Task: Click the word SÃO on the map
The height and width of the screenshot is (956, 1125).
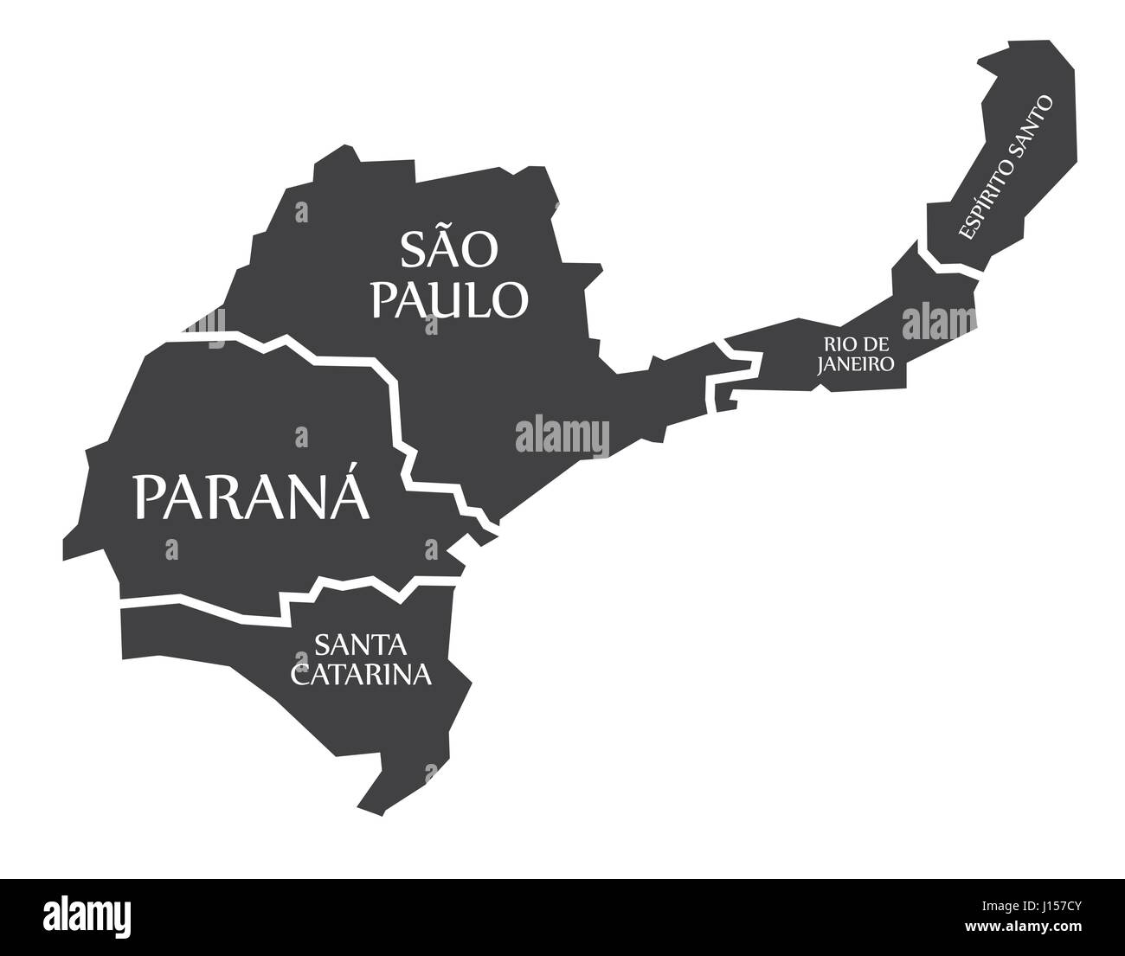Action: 448,249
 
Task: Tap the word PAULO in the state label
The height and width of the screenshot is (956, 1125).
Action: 448,298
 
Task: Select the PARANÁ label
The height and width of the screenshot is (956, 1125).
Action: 250,497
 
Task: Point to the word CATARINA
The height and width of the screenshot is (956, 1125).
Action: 361,674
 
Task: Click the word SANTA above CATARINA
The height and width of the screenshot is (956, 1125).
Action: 361,645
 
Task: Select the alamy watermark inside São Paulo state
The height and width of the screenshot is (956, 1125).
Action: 562,435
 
